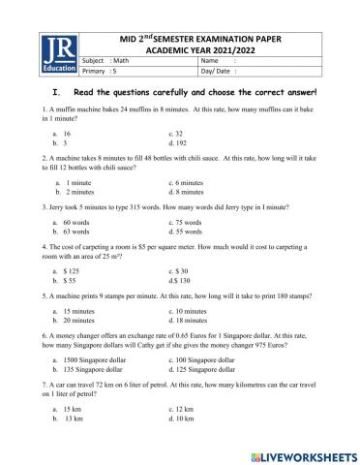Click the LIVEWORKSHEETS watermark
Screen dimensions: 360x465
pos(299,452)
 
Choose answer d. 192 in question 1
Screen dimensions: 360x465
pos(180,140)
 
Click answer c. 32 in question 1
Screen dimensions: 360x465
pos(177,132)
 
